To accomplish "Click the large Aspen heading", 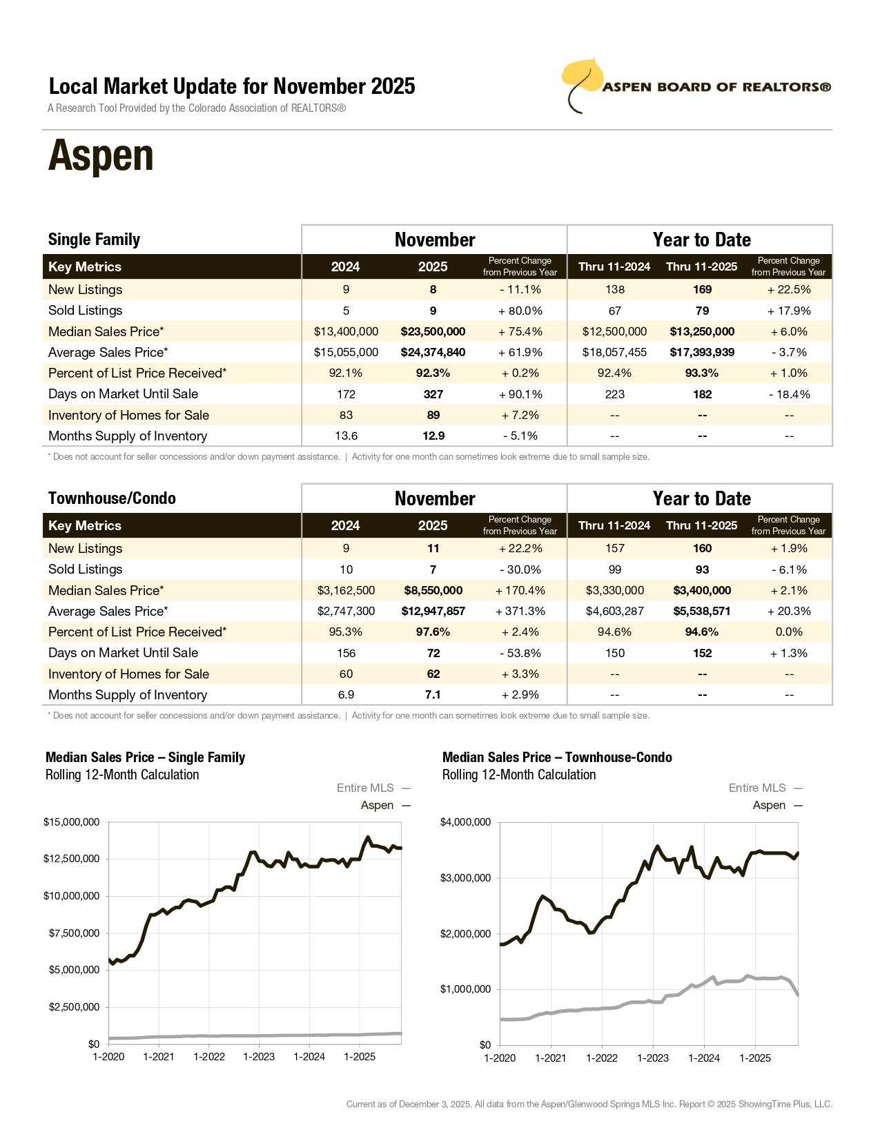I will pyautogui.click(x=101, y=156).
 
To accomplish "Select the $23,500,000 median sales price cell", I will pyautogui.click(x=433, y=331).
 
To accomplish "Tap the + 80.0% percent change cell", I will pyautogui.click(x=520, y=311).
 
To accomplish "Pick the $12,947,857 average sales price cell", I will pyautogui.click(x=433, y=611).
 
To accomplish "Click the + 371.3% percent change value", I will pyautogui.click(x=520, y=611).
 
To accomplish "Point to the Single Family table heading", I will pyautogui.click(x=94, y=240).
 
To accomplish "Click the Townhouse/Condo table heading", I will pyautogui.click(x=112, y=498).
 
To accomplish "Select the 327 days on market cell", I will pyautogui.click(x=433, y=394).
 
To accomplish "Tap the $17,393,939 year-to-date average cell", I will pyautogui.click(x=702, y=352).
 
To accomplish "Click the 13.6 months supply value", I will pyautogui.click(x=346, y=436).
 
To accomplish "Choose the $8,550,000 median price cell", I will pyautogui.click(x=433, y=590).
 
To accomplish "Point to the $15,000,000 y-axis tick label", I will pyautogui.click(x=72, y=822).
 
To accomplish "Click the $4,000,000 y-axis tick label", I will pyautogui.click(x=466, y=822).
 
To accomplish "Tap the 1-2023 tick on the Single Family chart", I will pyautogui.click(x=259, y=1057).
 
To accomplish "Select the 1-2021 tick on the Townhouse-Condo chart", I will pyautogui.click(x=551, y=1058).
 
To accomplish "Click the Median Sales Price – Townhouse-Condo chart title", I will pyautogui.click(x=557, y=757).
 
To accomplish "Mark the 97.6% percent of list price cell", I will pyautogui.click(x=433, y=632).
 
